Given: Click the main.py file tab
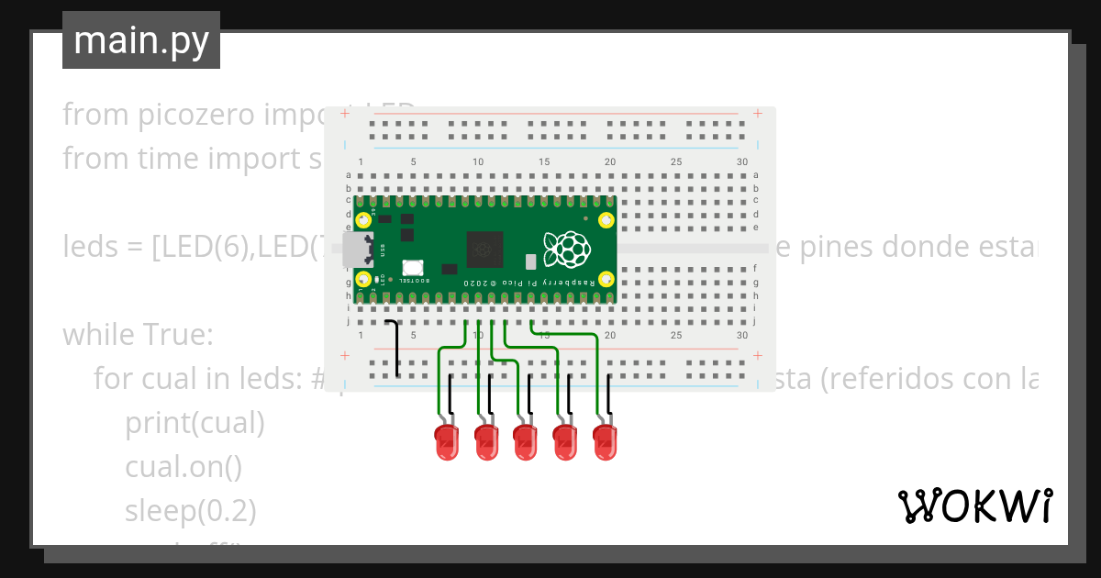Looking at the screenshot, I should coord(140,40).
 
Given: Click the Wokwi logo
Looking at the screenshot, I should coord(973,506).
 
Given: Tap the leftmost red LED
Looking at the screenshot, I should coord(446,442).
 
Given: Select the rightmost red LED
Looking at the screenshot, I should coord(606,442).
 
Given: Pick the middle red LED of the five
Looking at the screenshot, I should coord(526,442).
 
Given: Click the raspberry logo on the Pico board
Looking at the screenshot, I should coord(566,249).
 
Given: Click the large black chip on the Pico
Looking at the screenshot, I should coord(484,249).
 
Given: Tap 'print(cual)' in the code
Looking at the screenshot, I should coord(195,423).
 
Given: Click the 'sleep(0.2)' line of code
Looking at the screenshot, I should coord(191,510).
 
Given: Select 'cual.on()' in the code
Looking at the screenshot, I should coord(183,467).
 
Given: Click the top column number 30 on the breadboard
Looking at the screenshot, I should coord(741,162).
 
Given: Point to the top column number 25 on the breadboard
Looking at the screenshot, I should coord(676,162).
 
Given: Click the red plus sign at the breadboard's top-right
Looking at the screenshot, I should coord(758,114).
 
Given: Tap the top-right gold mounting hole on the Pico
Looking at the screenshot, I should coord(606,220).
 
